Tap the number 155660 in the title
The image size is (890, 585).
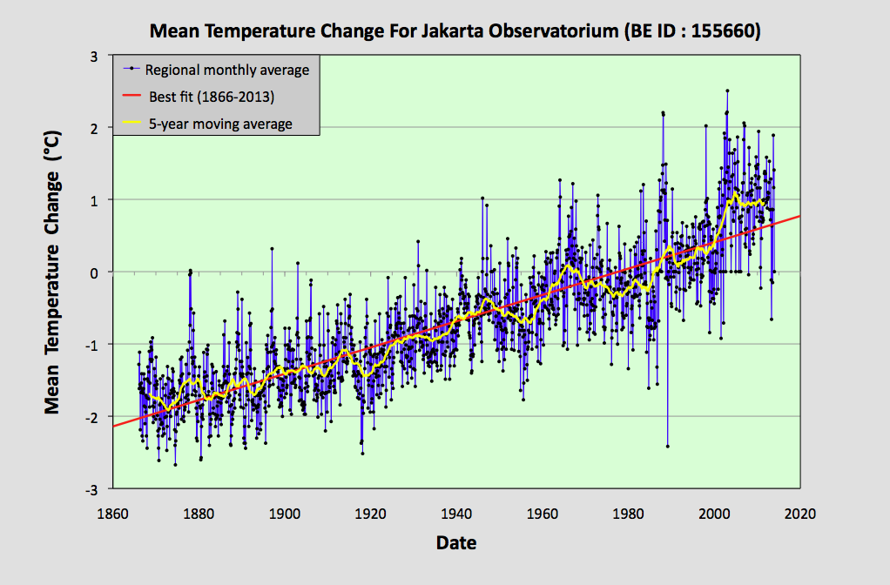726,32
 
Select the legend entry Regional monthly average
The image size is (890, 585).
227,70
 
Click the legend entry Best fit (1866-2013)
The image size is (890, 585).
212,97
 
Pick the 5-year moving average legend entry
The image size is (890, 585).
219,124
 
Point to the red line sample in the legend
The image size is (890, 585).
131,97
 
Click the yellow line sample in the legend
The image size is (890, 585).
131,124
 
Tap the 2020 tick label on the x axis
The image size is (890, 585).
799,513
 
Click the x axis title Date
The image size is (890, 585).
456,543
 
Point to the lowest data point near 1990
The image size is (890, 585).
667,446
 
